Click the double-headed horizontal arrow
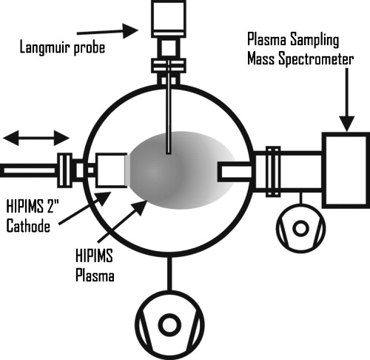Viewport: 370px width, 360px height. pyautogui.click(x=36, y=138)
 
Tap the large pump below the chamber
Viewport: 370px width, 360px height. pyautogui.click(x=170, y=324)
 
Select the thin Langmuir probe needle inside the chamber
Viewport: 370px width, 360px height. pyautogui.click(x=169, y=119)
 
